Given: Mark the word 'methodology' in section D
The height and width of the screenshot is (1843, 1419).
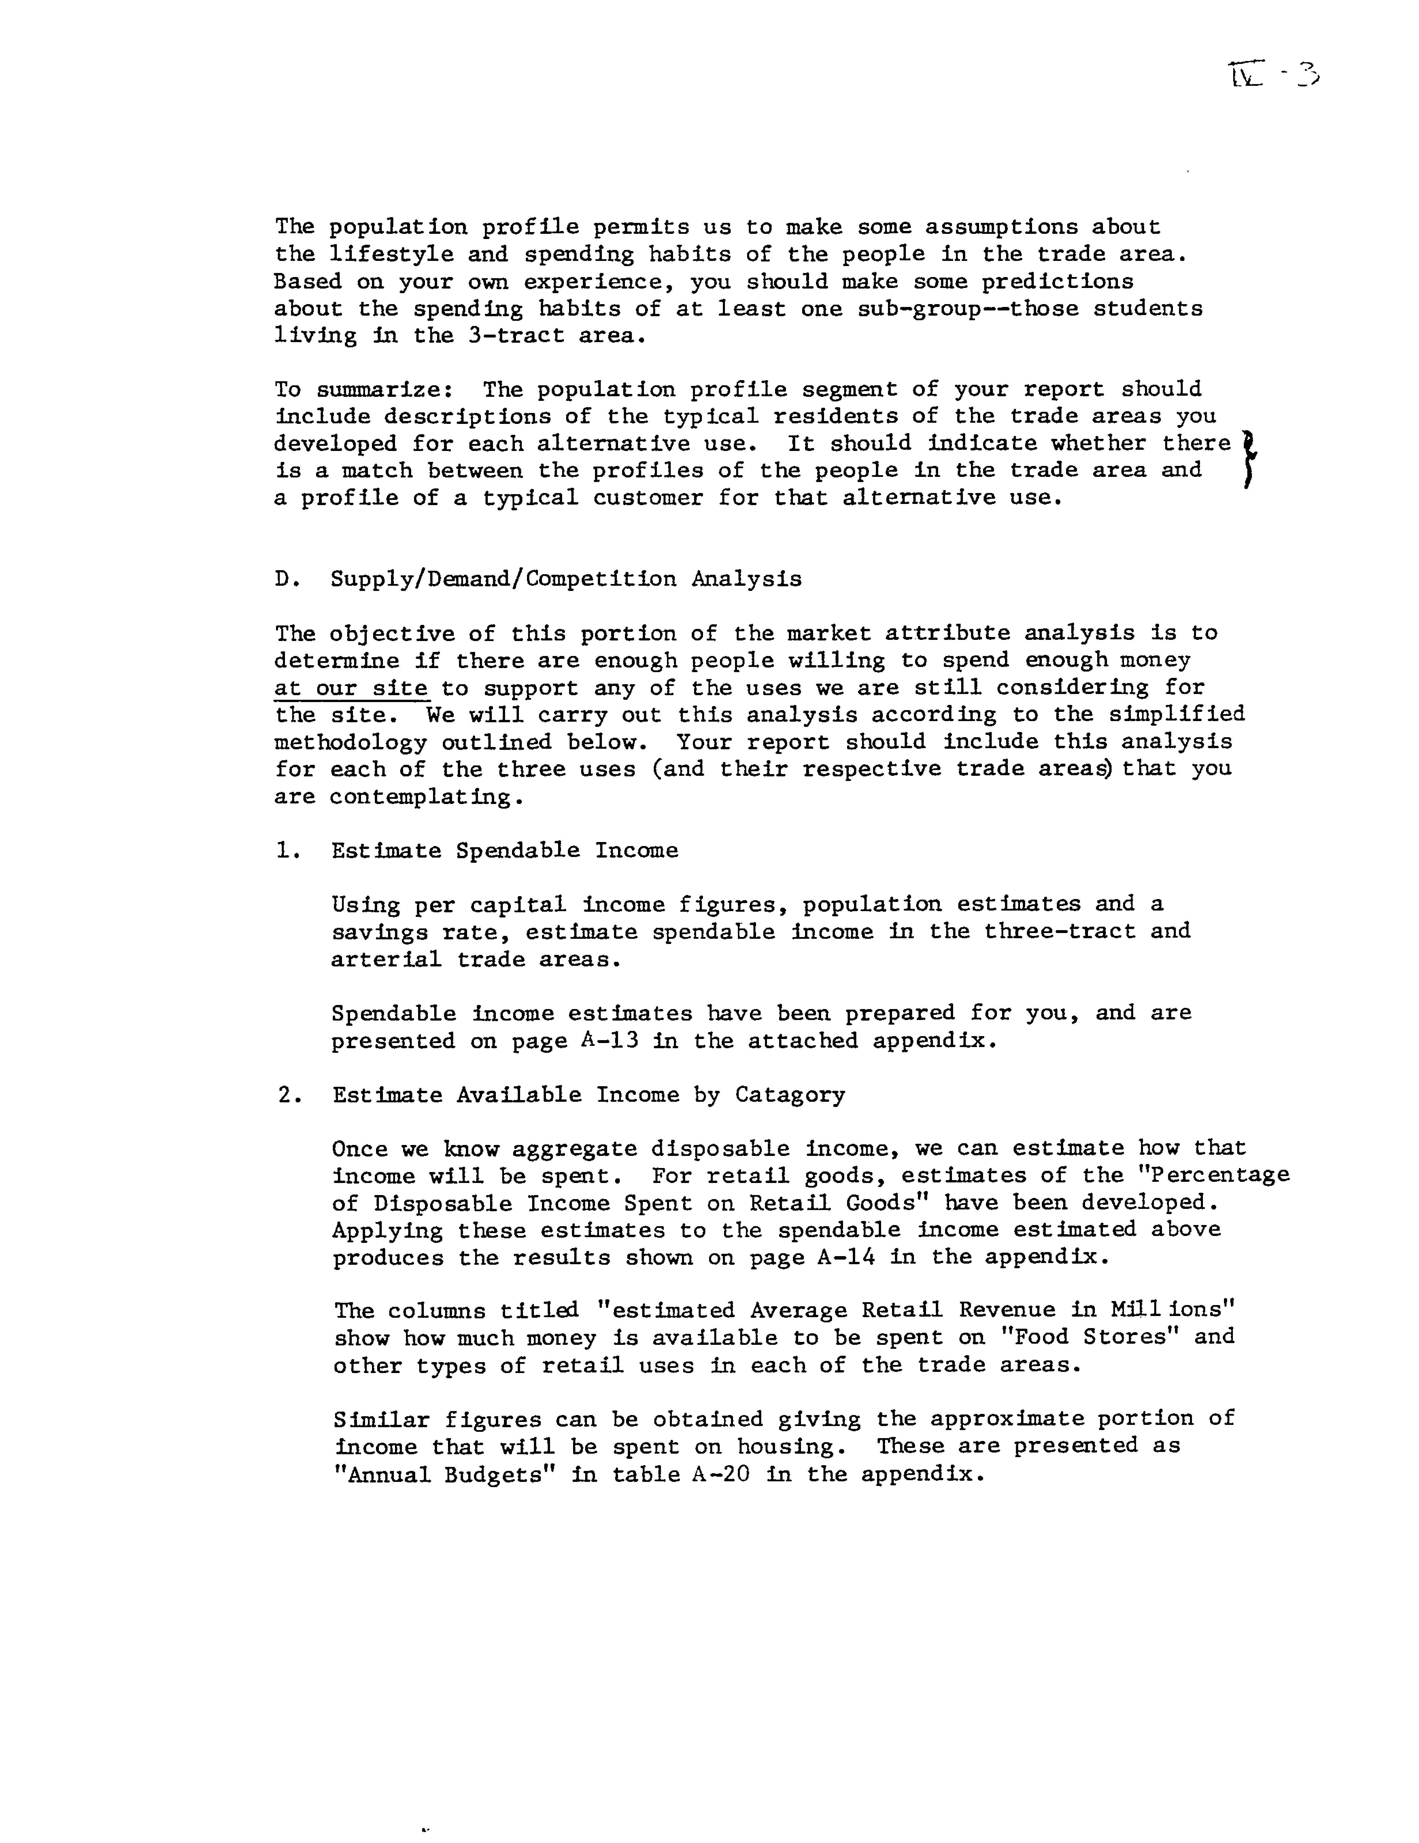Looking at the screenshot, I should [351, 743].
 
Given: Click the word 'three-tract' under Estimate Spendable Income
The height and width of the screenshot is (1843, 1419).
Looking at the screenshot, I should [1059, 932].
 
